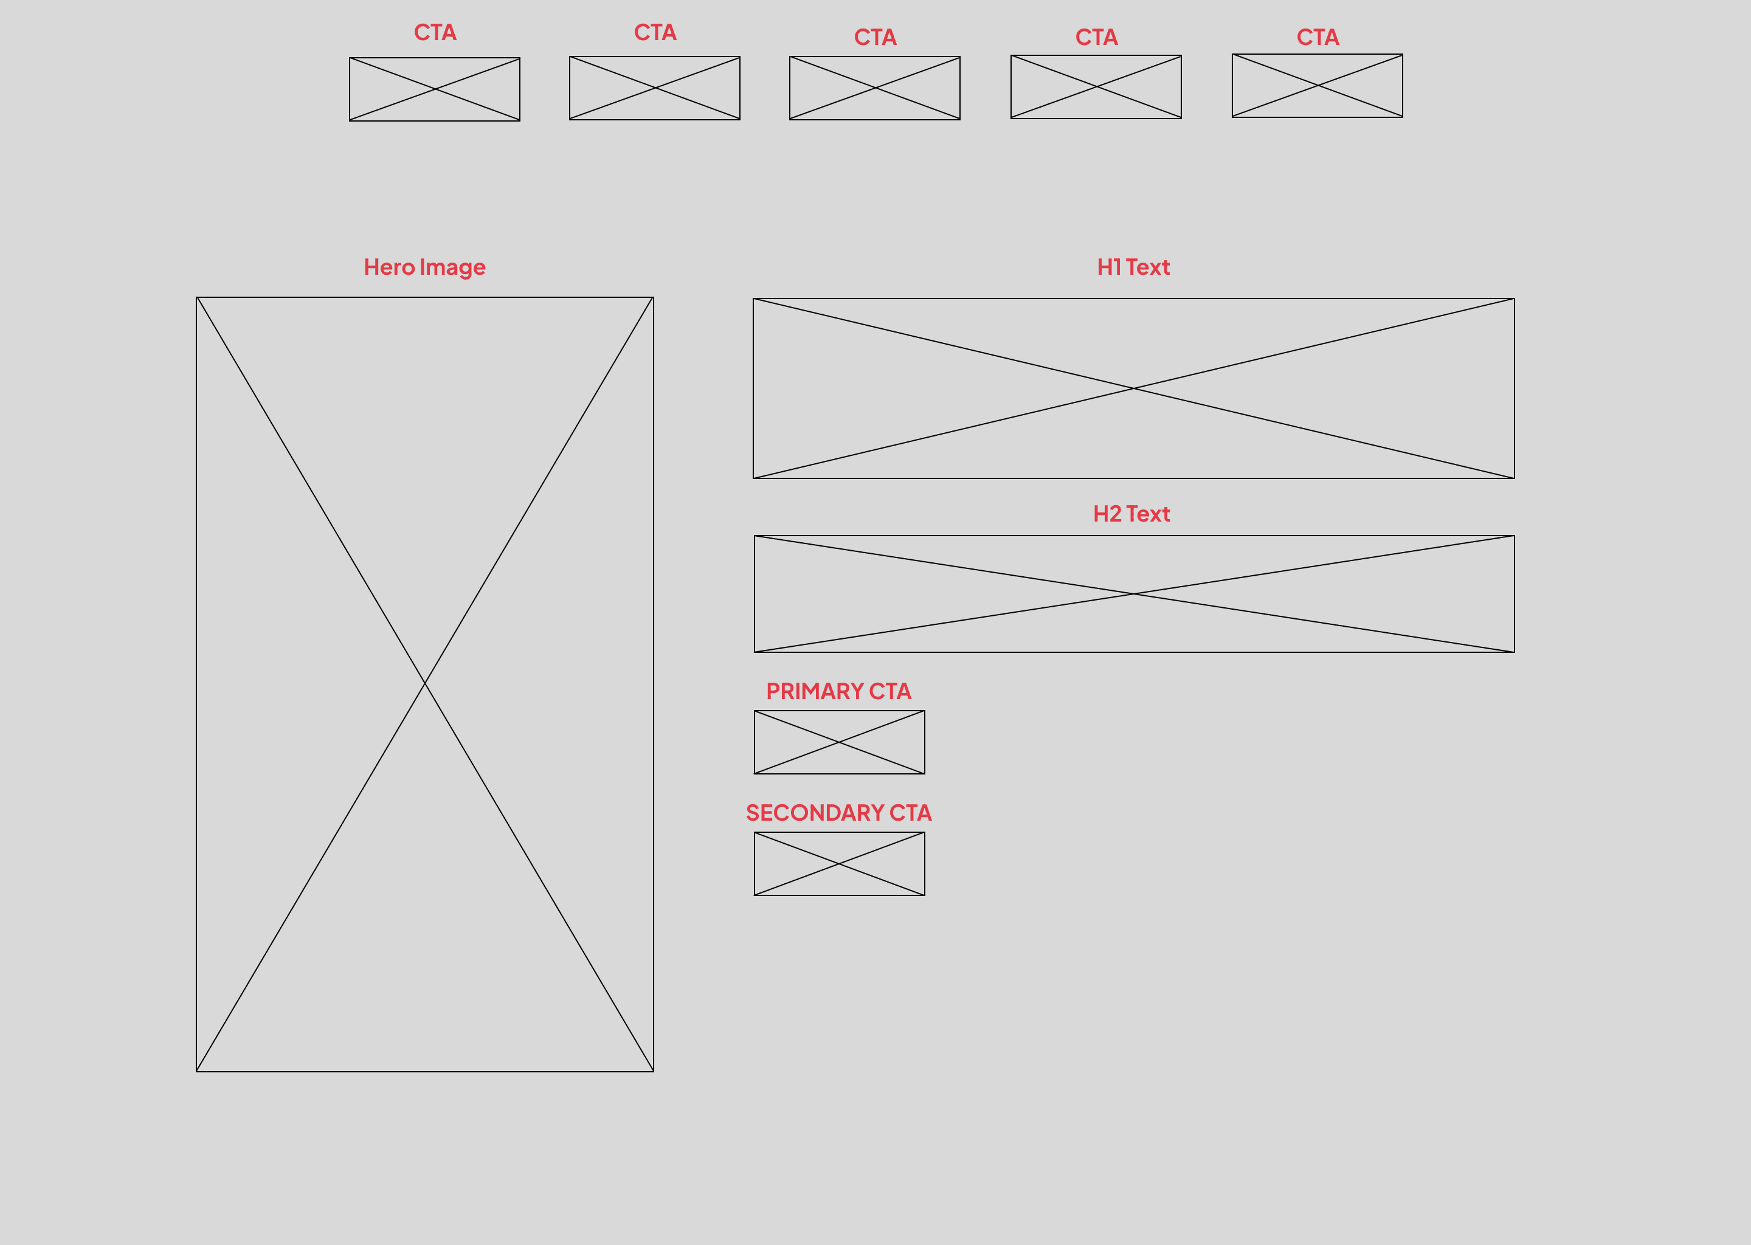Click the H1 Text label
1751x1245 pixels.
1133,267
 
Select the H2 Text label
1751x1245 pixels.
1131,514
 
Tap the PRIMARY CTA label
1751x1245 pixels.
838,691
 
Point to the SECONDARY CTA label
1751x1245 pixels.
838,813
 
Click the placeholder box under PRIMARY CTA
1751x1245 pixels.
840,742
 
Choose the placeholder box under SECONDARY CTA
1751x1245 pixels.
840,864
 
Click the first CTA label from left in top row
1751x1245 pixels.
435,32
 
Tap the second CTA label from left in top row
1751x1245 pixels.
655,32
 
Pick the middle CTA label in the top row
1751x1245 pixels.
875,37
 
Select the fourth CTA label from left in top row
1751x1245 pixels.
1096,37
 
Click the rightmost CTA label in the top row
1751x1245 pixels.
1317,37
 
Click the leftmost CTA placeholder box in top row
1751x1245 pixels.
435,89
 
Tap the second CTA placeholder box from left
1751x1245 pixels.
655,88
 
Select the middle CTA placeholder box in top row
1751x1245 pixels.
875,88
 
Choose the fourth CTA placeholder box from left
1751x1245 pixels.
1096,87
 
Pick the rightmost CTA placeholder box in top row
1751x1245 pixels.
1317,86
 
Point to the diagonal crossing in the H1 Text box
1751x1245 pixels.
1133,388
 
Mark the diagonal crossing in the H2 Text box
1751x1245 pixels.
1134,594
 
